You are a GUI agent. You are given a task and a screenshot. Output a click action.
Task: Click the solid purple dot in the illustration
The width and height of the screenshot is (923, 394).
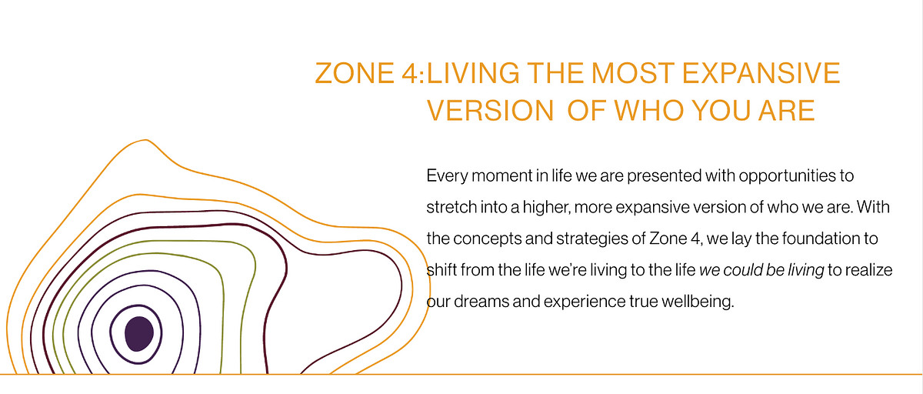tap(139, 334)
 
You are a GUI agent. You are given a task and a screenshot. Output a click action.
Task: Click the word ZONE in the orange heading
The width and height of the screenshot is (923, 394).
tap(355, 73)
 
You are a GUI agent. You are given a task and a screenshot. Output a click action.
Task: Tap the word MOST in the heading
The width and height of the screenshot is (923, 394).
tap(633, 73)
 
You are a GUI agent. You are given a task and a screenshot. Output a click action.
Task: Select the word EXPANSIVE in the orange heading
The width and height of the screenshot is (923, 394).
tap(761, 73)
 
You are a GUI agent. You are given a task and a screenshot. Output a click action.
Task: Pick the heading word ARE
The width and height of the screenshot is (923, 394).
tap(787, 111)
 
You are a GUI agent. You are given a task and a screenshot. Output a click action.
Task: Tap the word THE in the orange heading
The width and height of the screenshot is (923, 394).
tap(555, 73)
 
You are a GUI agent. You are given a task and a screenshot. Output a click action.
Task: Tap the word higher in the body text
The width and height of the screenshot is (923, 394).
tap(547, 208)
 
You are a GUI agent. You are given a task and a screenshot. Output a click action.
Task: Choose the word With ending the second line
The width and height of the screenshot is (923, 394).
tap(873, 207)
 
